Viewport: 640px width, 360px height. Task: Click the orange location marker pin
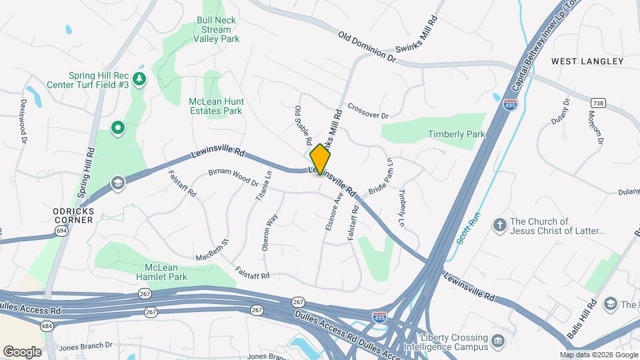pos(320,159)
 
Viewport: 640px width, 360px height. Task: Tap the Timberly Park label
pos(457,134)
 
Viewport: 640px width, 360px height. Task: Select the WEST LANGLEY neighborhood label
pos(587,61)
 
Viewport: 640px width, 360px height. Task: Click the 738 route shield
pos(597,102)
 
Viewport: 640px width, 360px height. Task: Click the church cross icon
pos(499,225)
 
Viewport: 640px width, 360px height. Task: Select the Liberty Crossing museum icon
pos(498,342)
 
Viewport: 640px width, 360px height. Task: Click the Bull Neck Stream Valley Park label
pos(216,30)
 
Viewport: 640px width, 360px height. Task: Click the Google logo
pos(22,351)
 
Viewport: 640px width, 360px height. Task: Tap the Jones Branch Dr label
pos(85,345)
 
